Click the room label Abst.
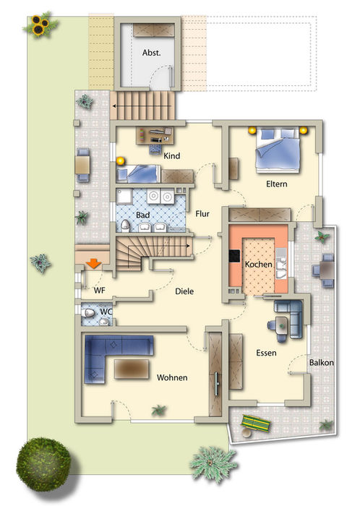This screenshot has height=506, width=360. pos(151,53)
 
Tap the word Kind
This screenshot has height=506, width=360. pos(171,156)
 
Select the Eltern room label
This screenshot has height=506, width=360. pos(276,184)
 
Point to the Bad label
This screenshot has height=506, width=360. pos(142,215)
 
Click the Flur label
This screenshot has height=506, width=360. pos(202,214)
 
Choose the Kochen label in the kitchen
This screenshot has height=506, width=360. pos(258,265)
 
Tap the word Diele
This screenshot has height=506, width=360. pos(184,291)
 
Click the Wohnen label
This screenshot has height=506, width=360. pos(172,377)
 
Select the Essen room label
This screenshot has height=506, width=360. pos(266,353)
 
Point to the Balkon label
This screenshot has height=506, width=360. pos(321,362)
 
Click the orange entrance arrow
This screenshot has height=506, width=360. pos(94,263)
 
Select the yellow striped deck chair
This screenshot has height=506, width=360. pos(256,424)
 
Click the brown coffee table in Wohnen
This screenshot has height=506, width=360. pos(132,369)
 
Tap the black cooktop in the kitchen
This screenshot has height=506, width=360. pos(234,257)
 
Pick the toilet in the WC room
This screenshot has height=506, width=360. pos(87,313)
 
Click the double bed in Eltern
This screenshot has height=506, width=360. pos(278,150)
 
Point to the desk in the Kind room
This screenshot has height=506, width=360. pos(155,136)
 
